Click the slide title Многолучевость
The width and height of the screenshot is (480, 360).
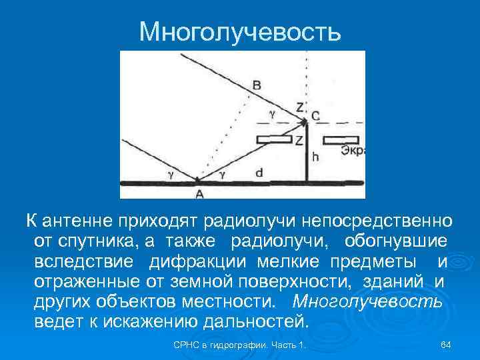(240, 31)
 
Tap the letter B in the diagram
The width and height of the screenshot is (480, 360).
(257, 85)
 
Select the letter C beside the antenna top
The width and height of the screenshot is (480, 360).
(315, 116)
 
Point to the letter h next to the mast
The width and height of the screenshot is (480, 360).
(315, 158)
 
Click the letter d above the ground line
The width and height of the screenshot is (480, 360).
(259, 172)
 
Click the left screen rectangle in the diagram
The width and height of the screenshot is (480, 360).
(274, 139)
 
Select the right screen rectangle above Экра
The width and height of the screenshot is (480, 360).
(341, 140)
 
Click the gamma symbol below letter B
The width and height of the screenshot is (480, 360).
(271, 113)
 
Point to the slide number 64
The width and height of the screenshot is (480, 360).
(446, 345)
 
